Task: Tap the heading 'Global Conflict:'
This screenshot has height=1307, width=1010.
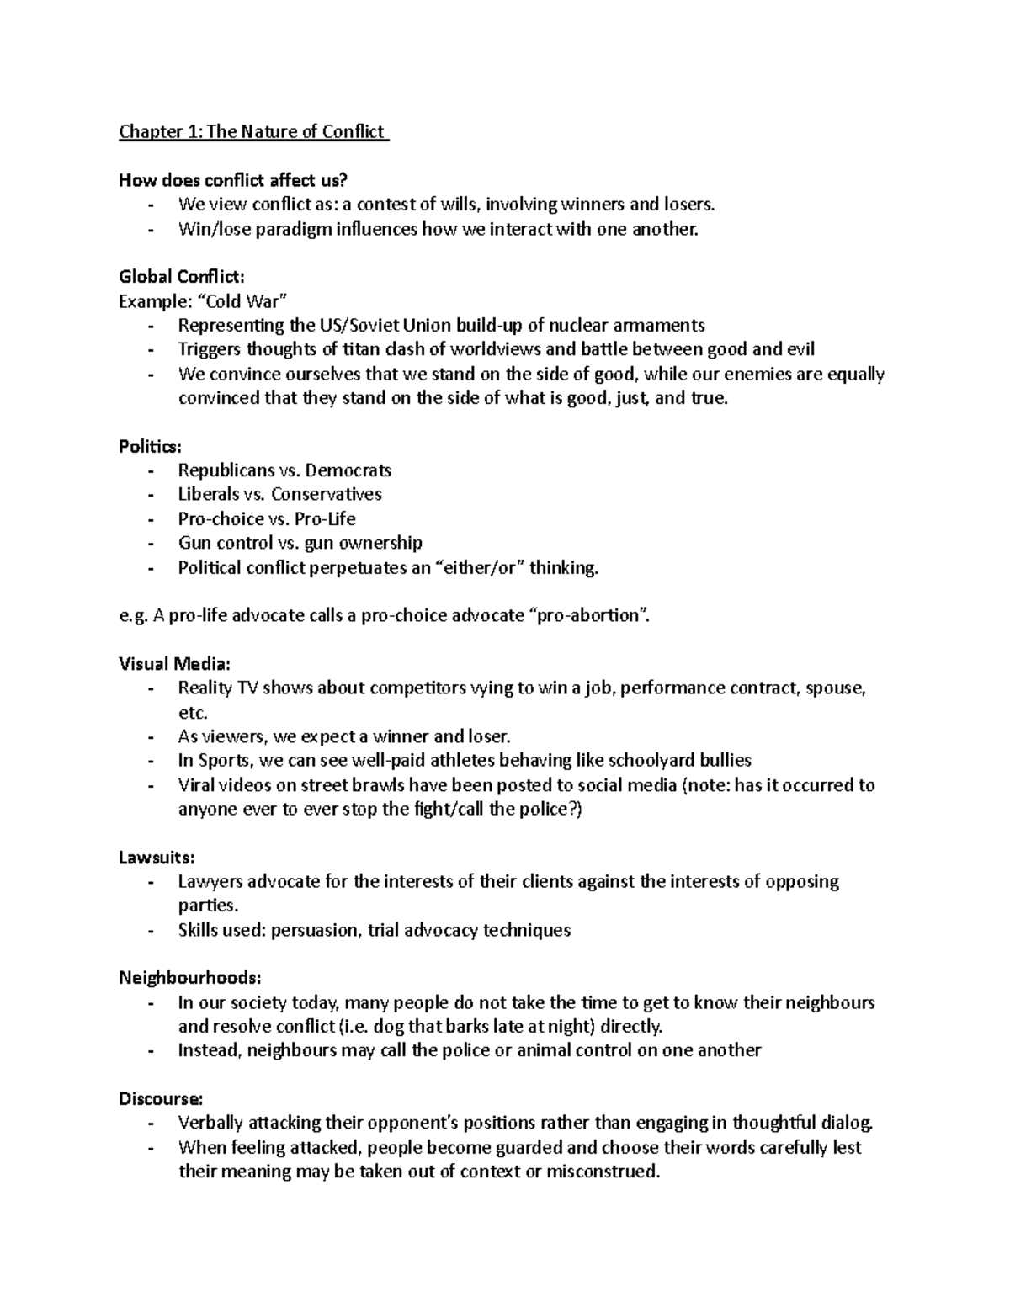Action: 182,276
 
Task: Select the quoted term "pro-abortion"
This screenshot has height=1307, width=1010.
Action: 592,615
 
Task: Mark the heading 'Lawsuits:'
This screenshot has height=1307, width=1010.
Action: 157,858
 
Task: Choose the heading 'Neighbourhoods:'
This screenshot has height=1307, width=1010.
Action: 189,978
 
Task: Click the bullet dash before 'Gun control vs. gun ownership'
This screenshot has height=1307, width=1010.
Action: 151,544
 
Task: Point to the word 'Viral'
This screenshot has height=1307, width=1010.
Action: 196,784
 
